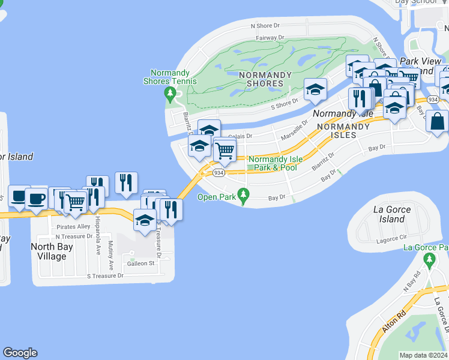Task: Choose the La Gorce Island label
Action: click(x=392, y=214)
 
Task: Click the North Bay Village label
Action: click(x=49, y=251)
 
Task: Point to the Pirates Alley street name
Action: click(x=73, y=227)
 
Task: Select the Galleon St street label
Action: click(x=140, y=263)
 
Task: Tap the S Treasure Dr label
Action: click(x=105, y=276)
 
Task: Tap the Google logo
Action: click(x=20, y=353)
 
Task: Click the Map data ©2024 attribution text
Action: click(x=423, y=355)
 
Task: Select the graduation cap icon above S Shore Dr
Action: click(x=315, y=90)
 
